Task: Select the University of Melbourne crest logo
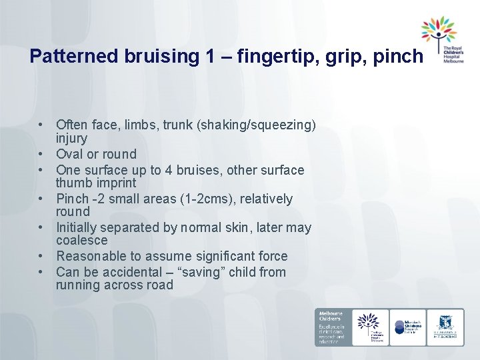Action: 445,327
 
